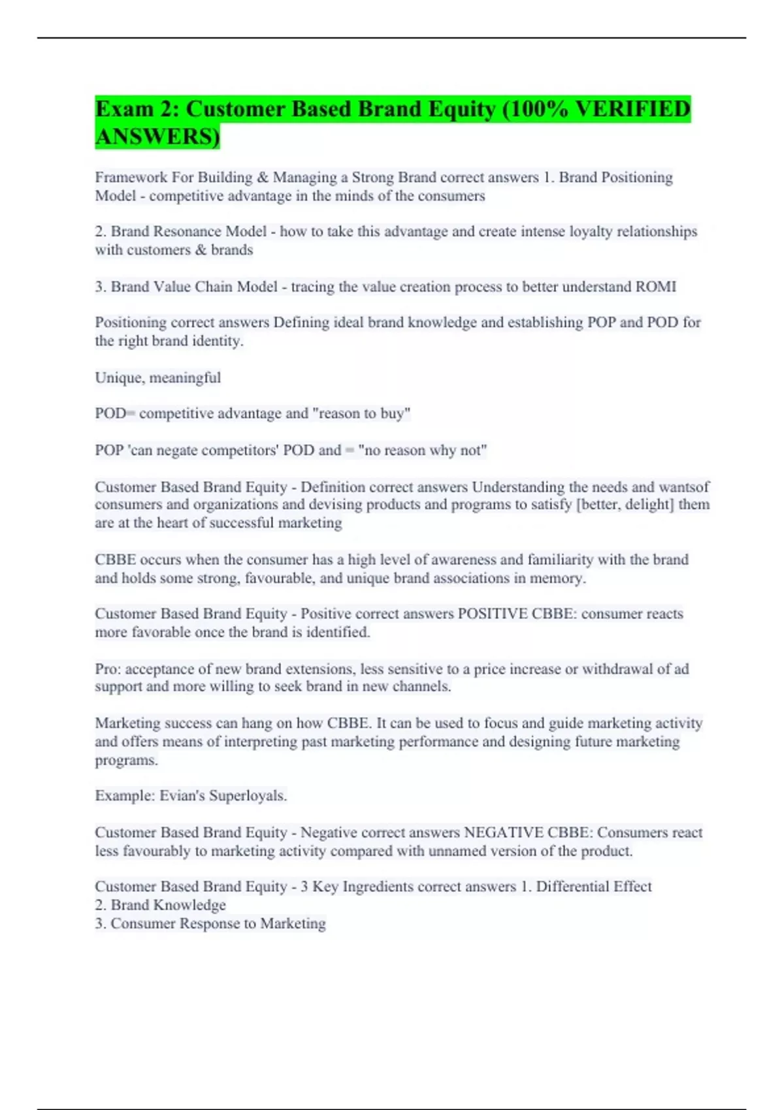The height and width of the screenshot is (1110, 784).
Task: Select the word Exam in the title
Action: tap(125, 109)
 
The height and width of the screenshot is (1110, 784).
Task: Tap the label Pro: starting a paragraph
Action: tap(108, 669)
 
